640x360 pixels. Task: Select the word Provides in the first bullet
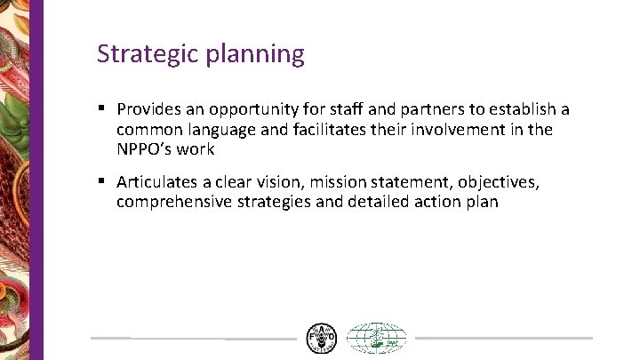coord(148,109)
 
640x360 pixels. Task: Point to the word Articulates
coord(156,182)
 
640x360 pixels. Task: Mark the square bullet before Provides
coord(102,108)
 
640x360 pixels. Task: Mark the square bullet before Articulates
coord(102,181)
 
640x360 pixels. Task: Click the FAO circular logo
coord(321,339)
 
